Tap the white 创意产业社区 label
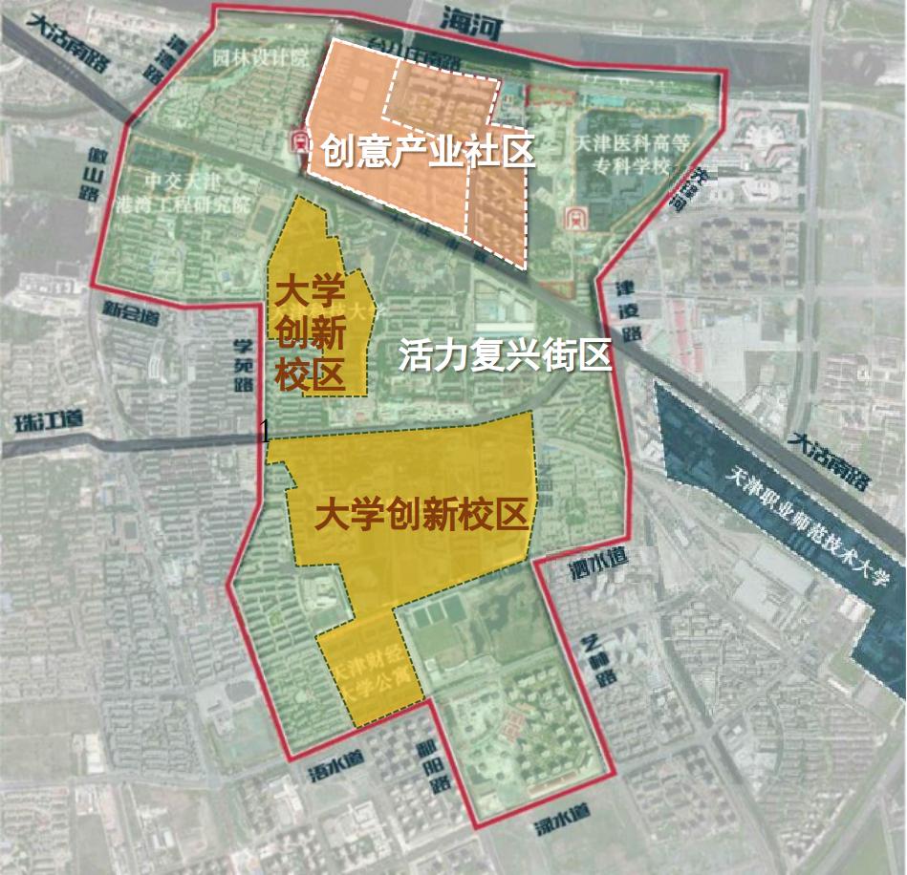click(x=426, y=152)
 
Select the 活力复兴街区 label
click(x=505, y=355)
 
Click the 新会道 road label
click(x=131, y=311)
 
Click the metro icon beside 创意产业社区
click(x=300, y=143)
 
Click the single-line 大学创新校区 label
click(x=421, y=516)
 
